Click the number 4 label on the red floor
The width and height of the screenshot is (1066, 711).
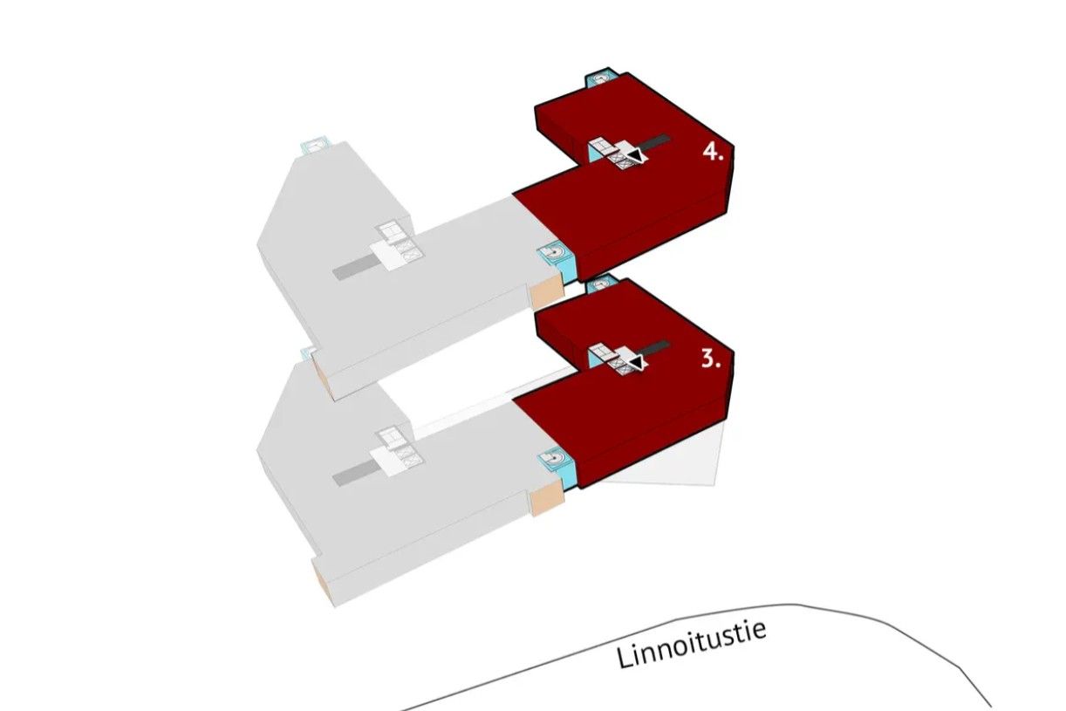pos(713,153)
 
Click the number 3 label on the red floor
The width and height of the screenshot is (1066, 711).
pos(711,359)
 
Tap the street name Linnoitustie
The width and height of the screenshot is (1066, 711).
pos(692,643)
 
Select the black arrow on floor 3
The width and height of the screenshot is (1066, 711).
pos(639,361)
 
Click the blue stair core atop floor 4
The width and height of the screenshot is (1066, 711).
pos(601,79)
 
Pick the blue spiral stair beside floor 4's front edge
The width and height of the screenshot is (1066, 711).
pos(554,255)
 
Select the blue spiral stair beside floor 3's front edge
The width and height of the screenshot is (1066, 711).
pos(554,457)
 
